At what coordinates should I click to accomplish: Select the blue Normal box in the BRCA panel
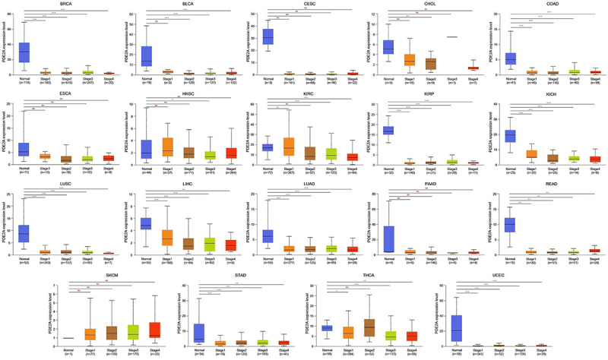24,51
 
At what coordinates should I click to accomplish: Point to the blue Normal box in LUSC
24,232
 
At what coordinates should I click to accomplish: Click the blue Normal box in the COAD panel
511,58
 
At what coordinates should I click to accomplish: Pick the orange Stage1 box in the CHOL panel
409,59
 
